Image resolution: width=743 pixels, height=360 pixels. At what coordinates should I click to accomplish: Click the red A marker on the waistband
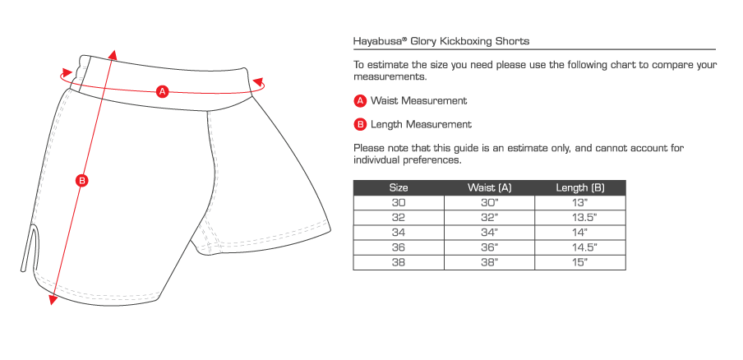point(162,91)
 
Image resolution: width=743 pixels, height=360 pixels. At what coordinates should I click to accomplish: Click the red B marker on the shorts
point(81,182)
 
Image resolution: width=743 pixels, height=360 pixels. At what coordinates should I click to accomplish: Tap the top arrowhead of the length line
point(113,53)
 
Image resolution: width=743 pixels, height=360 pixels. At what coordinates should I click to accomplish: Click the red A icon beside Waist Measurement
point(360,101)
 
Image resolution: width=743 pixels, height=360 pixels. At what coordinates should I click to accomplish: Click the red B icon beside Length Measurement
point(360,125)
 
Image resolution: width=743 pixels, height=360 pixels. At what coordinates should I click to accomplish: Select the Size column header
point(399,188)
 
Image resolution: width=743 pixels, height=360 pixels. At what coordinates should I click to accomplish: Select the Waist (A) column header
point(489,188)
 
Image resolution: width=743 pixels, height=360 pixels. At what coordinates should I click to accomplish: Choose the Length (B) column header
point(580,188)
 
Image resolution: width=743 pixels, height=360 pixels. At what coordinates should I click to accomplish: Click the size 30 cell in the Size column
point(399,203)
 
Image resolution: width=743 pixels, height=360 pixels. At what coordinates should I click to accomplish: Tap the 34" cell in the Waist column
point(489,233)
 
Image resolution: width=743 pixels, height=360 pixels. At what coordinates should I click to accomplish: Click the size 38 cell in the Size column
point(399,262)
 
